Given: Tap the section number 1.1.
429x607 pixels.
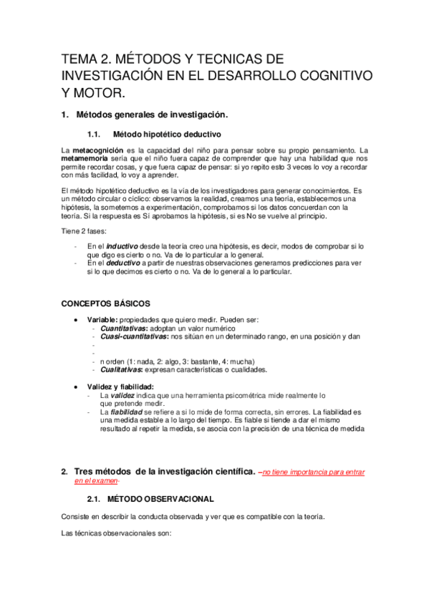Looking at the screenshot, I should click(x=95, y=134).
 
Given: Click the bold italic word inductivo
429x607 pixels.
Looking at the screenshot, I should click(x=122, y=246).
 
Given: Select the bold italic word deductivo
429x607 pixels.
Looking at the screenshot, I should click(x=124, y=263).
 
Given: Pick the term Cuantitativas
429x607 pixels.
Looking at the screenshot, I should click(x=122, y=327).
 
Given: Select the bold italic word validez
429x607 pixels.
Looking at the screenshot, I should click(x=125, y=395).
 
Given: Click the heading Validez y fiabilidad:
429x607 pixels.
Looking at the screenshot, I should click(x=120, y=387).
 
